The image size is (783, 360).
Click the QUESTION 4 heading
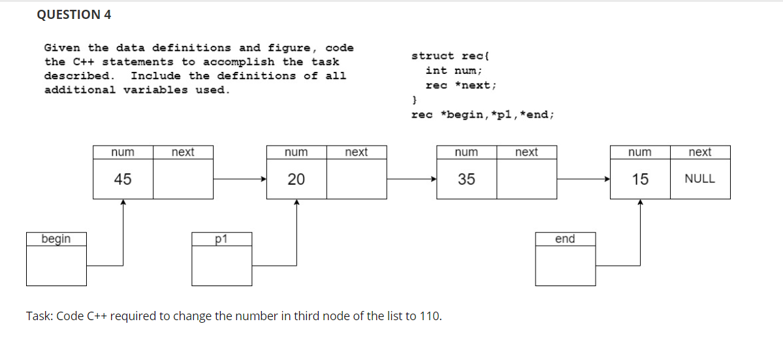[74, 15]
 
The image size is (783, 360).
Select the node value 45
[123, 179]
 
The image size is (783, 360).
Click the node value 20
[296, 179]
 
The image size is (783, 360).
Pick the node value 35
[466, 179]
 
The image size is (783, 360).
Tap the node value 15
[640, 179]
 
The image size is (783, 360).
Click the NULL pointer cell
[699, 179]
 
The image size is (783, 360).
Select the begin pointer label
[56, 239]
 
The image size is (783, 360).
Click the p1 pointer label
[221, 239]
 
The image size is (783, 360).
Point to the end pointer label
[565, 239]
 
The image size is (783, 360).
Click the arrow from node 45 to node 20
[240, 179]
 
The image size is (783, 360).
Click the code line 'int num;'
[453, 71]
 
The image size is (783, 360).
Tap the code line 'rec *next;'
[460, 85]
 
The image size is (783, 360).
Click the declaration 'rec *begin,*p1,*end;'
[483, 114]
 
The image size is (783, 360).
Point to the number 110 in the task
[429, 317]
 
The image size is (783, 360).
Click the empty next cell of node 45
[184, 179]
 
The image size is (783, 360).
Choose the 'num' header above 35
[466, 152]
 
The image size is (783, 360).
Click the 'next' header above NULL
[699, 152]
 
